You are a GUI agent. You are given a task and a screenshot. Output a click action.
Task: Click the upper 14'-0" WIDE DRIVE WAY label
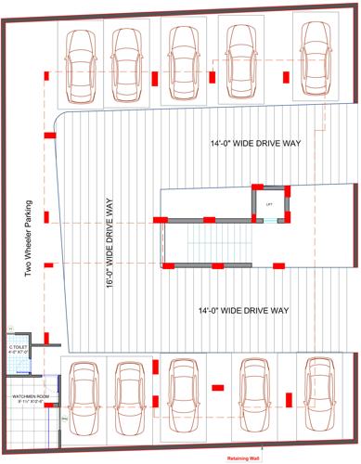pos(251,144)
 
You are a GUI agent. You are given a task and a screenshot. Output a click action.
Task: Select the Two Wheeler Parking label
pos(29,239)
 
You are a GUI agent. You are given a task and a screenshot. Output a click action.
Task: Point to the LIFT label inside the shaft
pos(269,202)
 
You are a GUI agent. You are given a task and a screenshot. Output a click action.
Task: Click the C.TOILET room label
pos(18,346)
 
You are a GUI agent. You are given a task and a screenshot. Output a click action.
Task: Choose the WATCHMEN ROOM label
pos(30,395)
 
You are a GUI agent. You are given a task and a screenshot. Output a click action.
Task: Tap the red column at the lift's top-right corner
pos(288,190)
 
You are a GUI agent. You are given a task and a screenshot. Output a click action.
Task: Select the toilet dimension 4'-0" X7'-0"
pos(18,353)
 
